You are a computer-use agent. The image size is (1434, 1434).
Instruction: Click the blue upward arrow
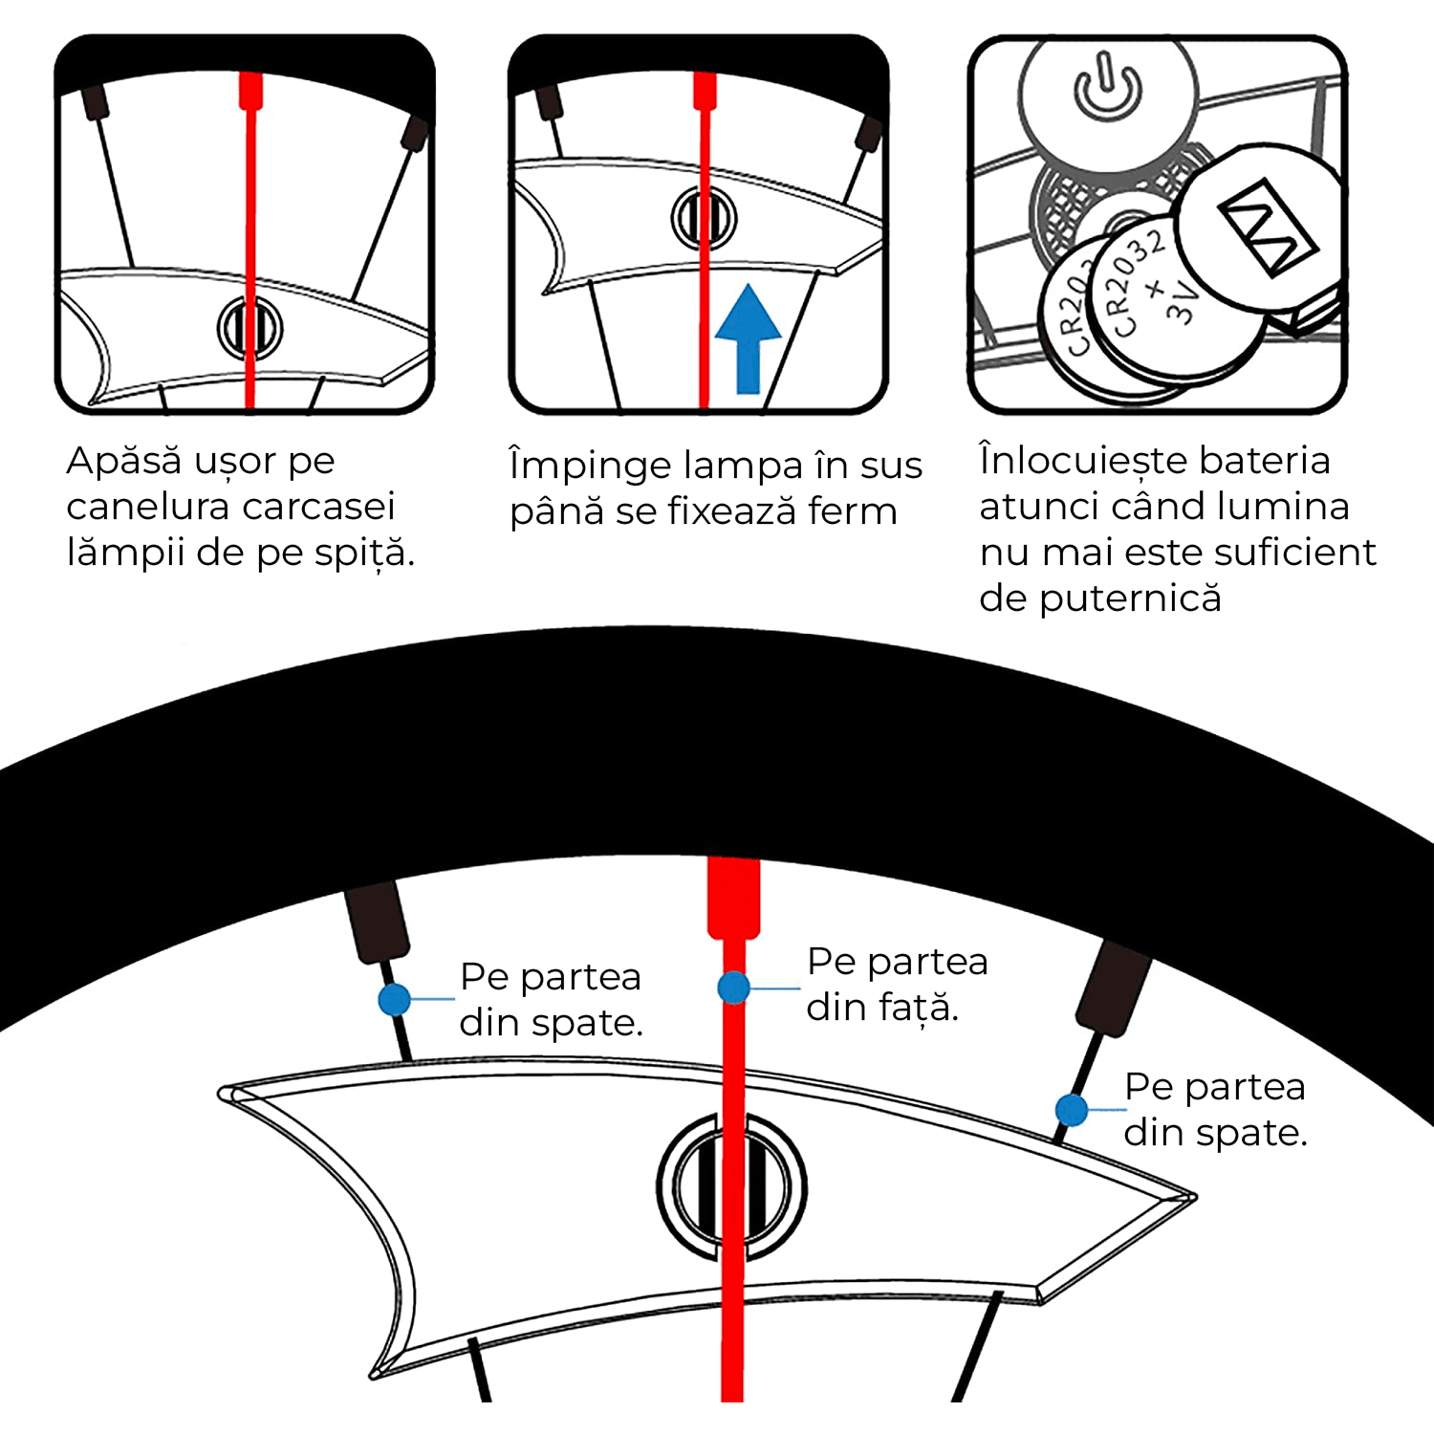click(x=748, y=339)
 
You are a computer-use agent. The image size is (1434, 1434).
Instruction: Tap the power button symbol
click(x=1107, y=89)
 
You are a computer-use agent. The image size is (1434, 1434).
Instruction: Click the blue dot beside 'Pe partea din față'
click(x=733, y=988)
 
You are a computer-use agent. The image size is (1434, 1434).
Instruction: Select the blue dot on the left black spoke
click(x=394, y=1000)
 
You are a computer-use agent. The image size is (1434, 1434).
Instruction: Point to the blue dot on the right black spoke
click(x=1072, y=1110)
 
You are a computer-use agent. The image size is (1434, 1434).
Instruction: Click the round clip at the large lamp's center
click(x=732, y=1187)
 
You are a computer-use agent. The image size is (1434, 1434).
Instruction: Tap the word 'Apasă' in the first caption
click(x=124, y=461)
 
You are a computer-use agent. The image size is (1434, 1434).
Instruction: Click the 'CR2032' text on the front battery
click(x=1135, y=284)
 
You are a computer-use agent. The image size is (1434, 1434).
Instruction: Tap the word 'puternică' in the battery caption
click(x=1130, y=599)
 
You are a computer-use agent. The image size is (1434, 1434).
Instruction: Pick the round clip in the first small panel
click(x=250, y=328)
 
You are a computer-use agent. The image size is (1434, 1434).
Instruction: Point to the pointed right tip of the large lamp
click(x=1195, y=1196)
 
